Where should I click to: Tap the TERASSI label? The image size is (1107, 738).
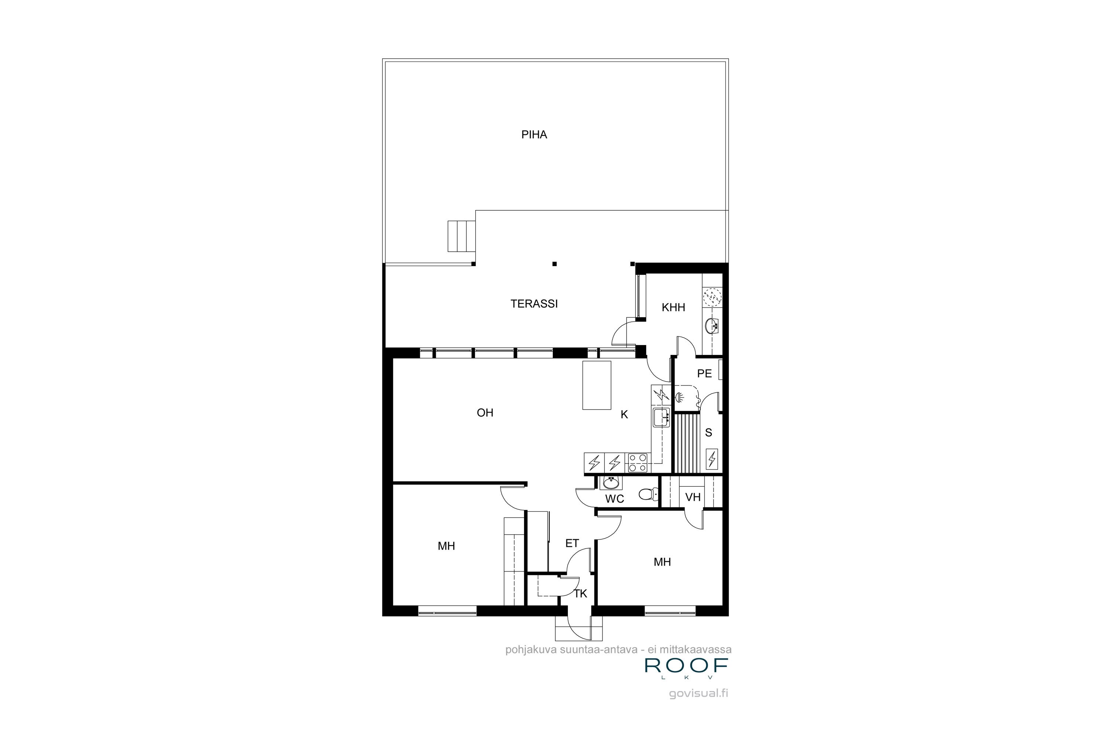click(534, 304)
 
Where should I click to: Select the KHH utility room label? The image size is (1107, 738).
click(673, 308)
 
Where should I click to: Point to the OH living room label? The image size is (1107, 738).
click(485, 413)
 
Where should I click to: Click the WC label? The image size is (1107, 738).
click(614, 499)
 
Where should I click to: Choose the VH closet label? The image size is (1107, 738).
click(693, 497)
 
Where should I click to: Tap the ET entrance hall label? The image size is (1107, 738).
click(572, 544)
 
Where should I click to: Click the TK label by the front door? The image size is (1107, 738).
click(580, 594)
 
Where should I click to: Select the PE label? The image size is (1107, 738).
click(704, 374)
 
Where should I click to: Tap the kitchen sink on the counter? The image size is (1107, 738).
click(661, 417)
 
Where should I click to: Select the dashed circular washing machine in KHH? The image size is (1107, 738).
click(712, 297)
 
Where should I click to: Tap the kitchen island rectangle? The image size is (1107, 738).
click(597, 385)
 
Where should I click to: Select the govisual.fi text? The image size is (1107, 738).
click(699, 693)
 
